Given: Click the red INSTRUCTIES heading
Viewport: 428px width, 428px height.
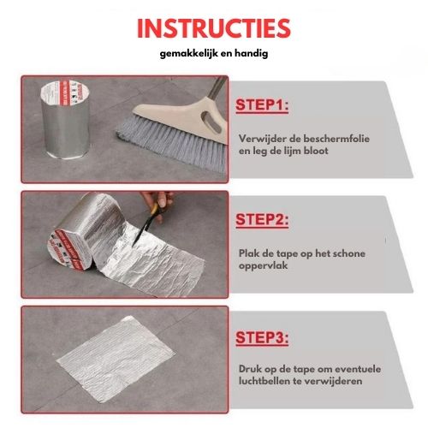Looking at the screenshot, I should click(x=214, y=27).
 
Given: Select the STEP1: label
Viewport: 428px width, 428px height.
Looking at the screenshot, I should click(x=262, y=105).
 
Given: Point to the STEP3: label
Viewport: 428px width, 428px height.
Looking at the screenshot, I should click(x=262, y=336).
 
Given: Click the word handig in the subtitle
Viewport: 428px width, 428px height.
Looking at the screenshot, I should click(x=264, y=54).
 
